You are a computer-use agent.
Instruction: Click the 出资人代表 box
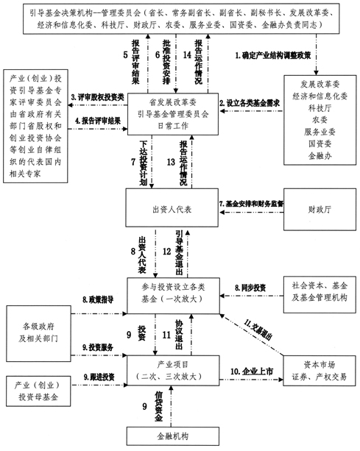tap(172, 207)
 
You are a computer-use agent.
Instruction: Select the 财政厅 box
tap(320, 210)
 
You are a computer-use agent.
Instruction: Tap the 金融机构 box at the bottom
tap(173, 436)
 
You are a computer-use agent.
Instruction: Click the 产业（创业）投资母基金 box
tap(38, 391)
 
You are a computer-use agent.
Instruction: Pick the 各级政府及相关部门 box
tap(38, 333)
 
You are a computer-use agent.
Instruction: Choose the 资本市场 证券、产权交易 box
tap(320, 371)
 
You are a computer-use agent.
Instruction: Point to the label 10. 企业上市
tap(252, 372)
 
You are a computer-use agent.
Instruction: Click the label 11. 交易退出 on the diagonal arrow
tap(258, 330)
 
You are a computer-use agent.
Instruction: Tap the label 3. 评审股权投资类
tap(98, 97)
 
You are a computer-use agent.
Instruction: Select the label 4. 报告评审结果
tap(98, 121)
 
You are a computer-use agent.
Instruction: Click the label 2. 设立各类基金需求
tap(250, 103)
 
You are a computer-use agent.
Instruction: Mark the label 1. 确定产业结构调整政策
tap(273, 55)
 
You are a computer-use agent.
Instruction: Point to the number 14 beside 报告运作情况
tap(187, 54)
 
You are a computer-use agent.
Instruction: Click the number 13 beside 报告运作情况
tap(171, 162)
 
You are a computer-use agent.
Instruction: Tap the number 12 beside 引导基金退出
tap(167, 252)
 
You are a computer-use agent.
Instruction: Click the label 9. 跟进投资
tap(99, 377)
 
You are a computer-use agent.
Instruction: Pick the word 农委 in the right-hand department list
tap(320, 120)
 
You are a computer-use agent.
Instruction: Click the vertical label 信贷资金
tap(158, 406)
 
